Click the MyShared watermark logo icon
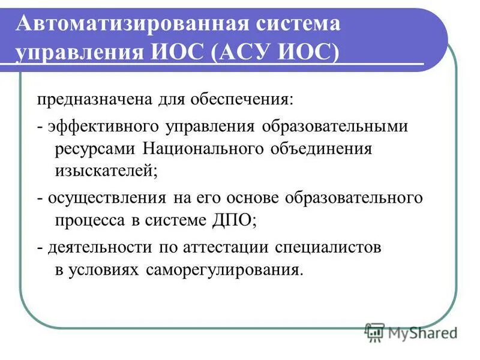click(x=375, y=332)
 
